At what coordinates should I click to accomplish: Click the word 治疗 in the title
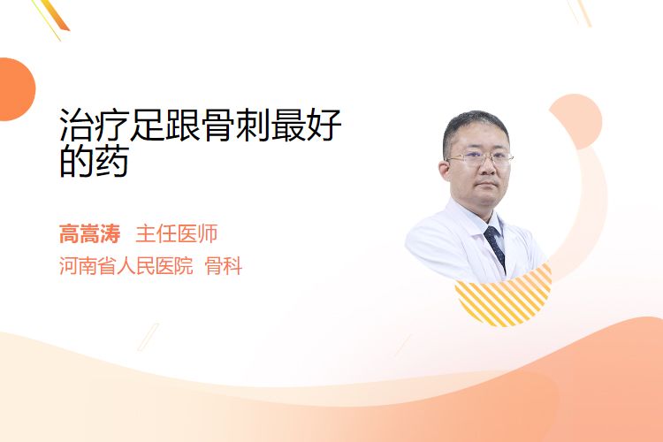(95, 125)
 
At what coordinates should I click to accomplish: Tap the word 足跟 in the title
(165, 125)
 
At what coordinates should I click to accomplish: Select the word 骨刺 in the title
(235, 125)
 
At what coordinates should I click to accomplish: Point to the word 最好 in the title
(306, 125)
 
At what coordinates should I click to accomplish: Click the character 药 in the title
(112, 161)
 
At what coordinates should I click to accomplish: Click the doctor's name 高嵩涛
(89, 234)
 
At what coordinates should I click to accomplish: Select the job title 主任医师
(176, 234)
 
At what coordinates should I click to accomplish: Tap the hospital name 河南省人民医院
(126, 266)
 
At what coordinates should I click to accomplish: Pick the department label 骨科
(224, 266)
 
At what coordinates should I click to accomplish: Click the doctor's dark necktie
(496, 247)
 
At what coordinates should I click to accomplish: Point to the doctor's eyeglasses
(481, 158)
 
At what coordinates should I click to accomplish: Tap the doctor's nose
(487, 167)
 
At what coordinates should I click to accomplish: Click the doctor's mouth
(487, 184)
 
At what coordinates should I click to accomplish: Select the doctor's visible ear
(444, 170)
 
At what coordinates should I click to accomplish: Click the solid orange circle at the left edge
(16, 89)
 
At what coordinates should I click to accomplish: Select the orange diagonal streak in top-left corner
(54, 15)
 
